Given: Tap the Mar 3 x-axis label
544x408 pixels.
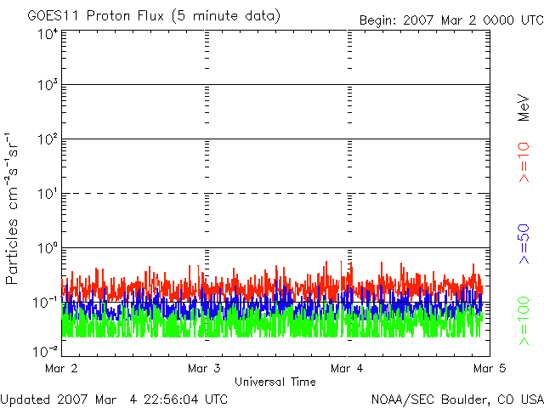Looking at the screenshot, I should click(204, 369).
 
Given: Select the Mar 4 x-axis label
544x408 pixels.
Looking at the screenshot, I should click(347, 369).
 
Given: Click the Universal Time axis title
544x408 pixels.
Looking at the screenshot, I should click(275, 382).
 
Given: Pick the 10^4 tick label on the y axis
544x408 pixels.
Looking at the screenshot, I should click(47, 35).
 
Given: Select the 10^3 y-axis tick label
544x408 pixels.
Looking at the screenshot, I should click(47, 87).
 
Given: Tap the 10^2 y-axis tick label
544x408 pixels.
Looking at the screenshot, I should click(47, 140).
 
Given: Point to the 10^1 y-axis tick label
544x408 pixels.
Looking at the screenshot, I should click(47, 195).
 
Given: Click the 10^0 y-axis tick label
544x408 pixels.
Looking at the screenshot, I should click(47, 249).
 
